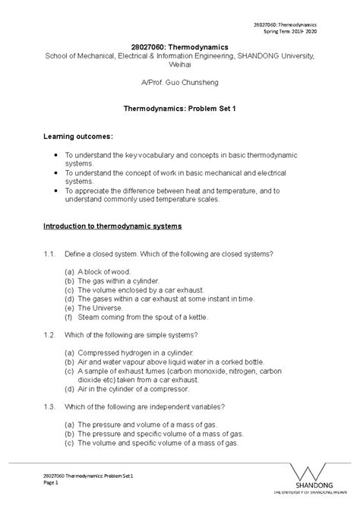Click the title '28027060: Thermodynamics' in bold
pos(180,45)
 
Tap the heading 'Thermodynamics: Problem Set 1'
pos(180,109)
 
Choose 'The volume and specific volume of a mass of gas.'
pos(159,442)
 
